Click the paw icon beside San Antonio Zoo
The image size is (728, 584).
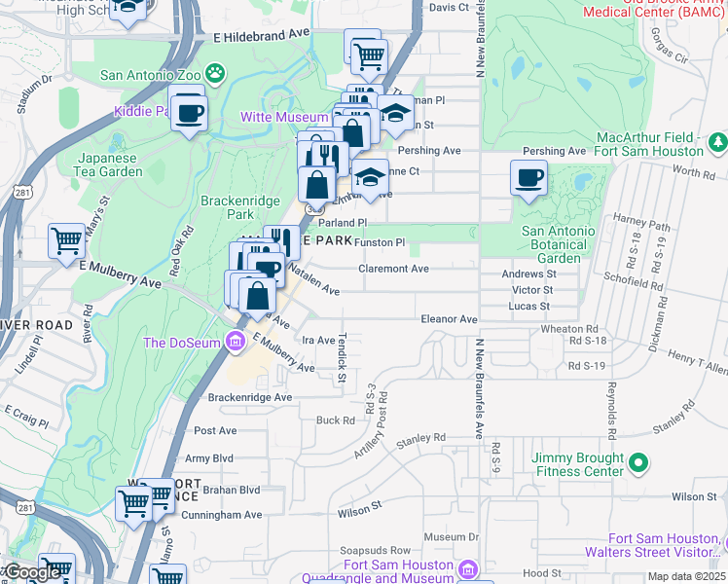[216, 73]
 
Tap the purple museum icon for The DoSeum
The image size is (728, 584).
[235, 342]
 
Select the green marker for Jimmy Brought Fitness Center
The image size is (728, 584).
[638, 461]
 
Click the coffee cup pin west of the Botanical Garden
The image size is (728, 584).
[528, 178]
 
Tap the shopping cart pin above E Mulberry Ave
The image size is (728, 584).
[66, 238]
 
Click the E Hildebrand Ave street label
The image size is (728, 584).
[261, 34]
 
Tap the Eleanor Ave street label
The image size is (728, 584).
[449, 318]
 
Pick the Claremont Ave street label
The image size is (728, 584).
[393, 269]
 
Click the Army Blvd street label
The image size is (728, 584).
[209, 457]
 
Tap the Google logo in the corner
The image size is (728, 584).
[33, 572]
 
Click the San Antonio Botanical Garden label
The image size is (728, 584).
[557, 237]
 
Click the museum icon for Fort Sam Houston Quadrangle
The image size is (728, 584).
[468, 568]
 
